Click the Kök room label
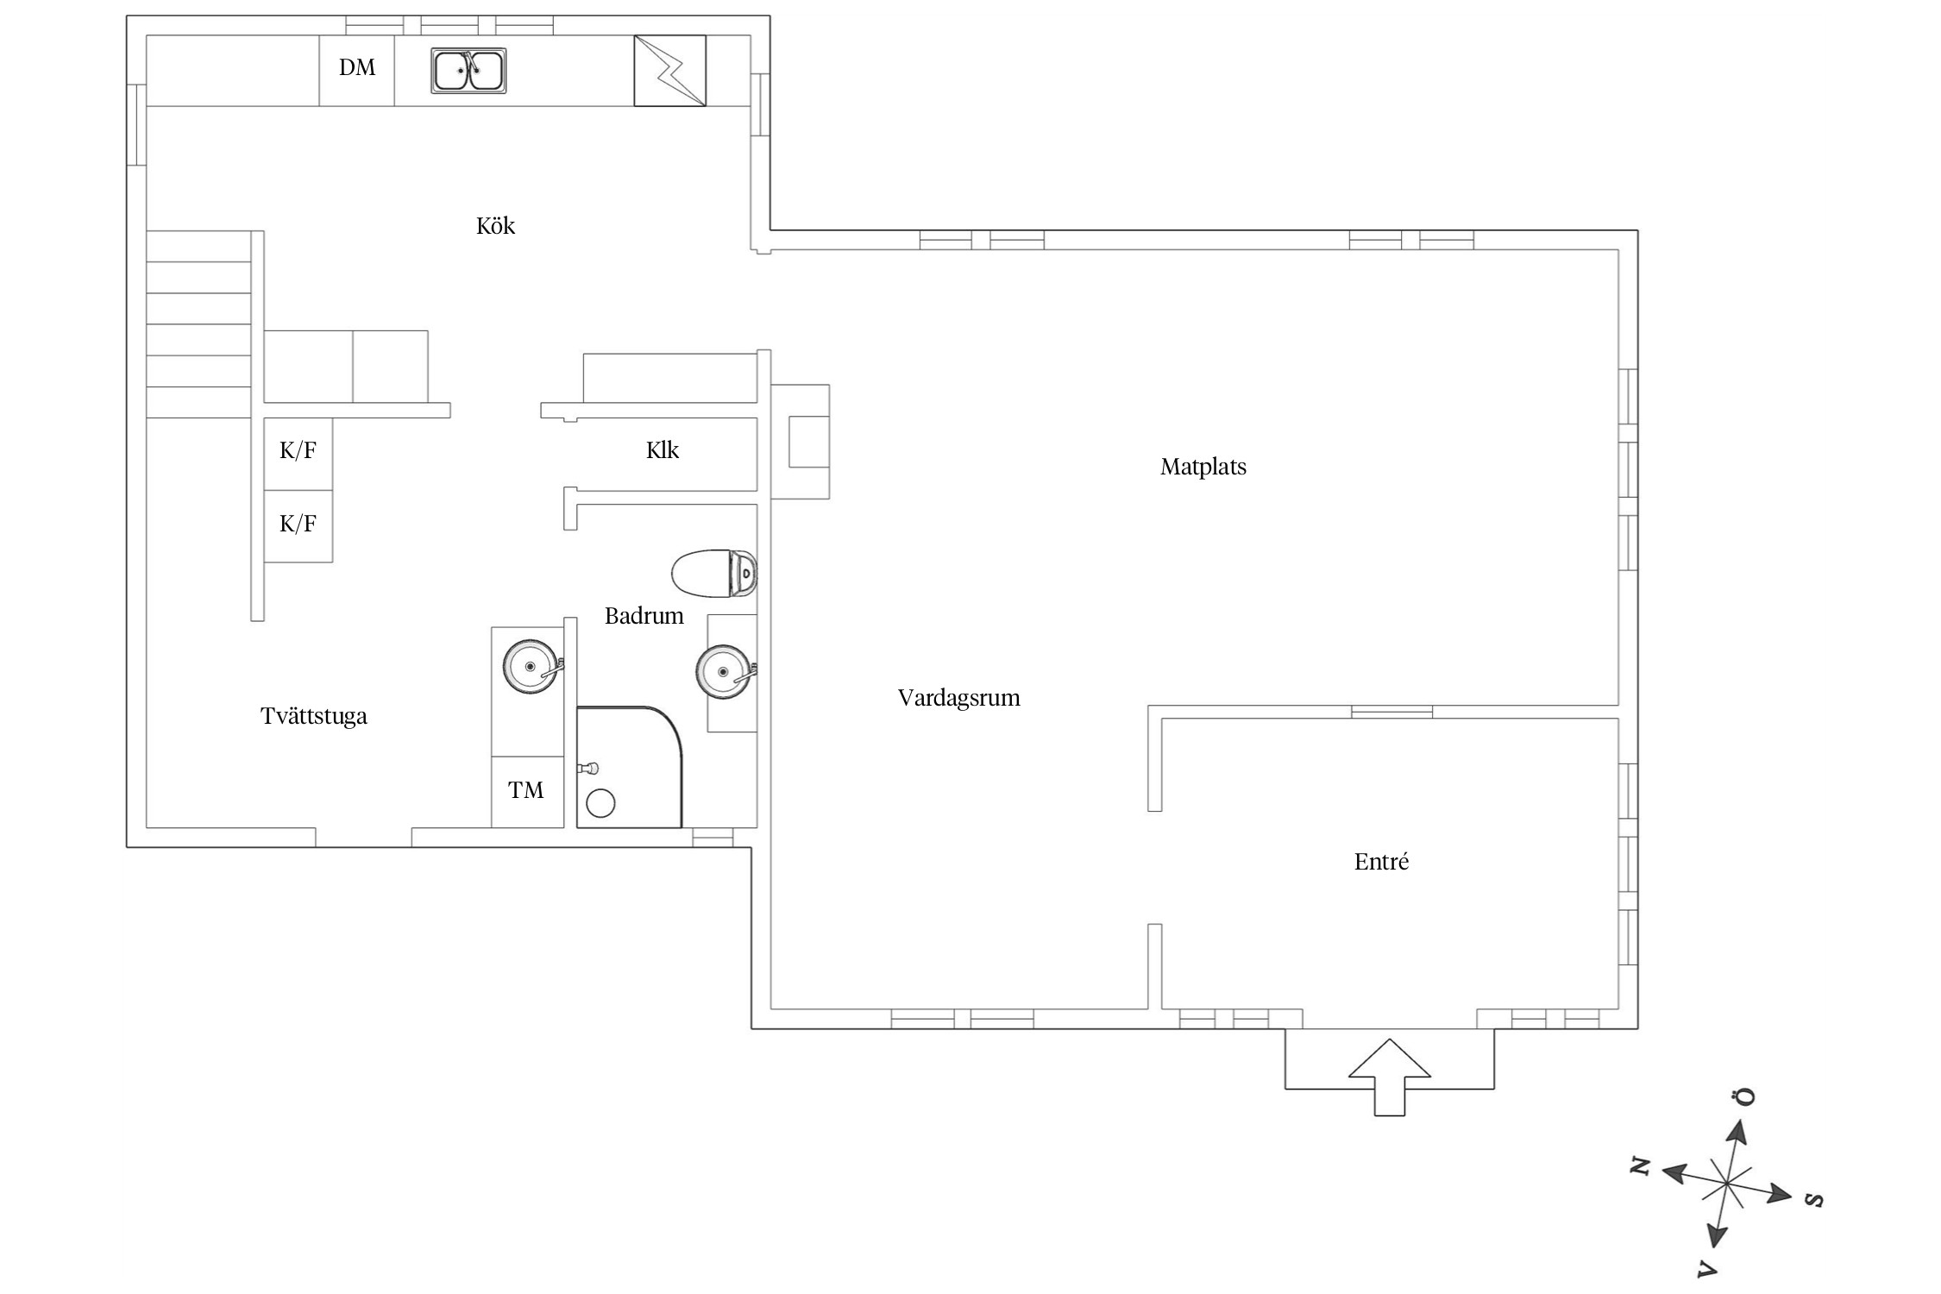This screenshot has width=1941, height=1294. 495,226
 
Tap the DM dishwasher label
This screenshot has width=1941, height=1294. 357,67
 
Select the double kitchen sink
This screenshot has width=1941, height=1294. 468,71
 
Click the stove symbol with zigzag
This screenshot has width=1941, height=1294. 670,71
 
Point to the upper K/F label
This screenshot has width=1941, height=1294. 298,449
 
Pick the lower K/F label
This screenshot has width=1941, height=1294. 298,523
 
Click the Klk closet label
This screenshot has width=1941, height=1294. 663,450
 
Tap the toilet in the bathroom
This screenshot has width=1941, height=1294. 714,573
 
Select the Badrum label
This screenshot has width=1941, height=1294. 644,616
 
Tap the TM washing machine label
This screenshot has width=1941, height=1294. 526,790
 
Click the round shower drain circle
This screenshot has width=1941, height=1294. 600,804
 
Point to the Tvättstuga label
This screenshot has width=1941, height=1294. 314,716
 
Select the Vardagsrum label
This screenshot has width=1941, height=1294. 959,698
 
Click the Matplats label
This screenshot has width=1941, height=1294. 1203,467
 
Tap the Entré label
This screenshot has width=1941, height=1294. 1382,862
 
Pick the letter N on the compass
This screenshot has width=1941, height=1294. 1639,1167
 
